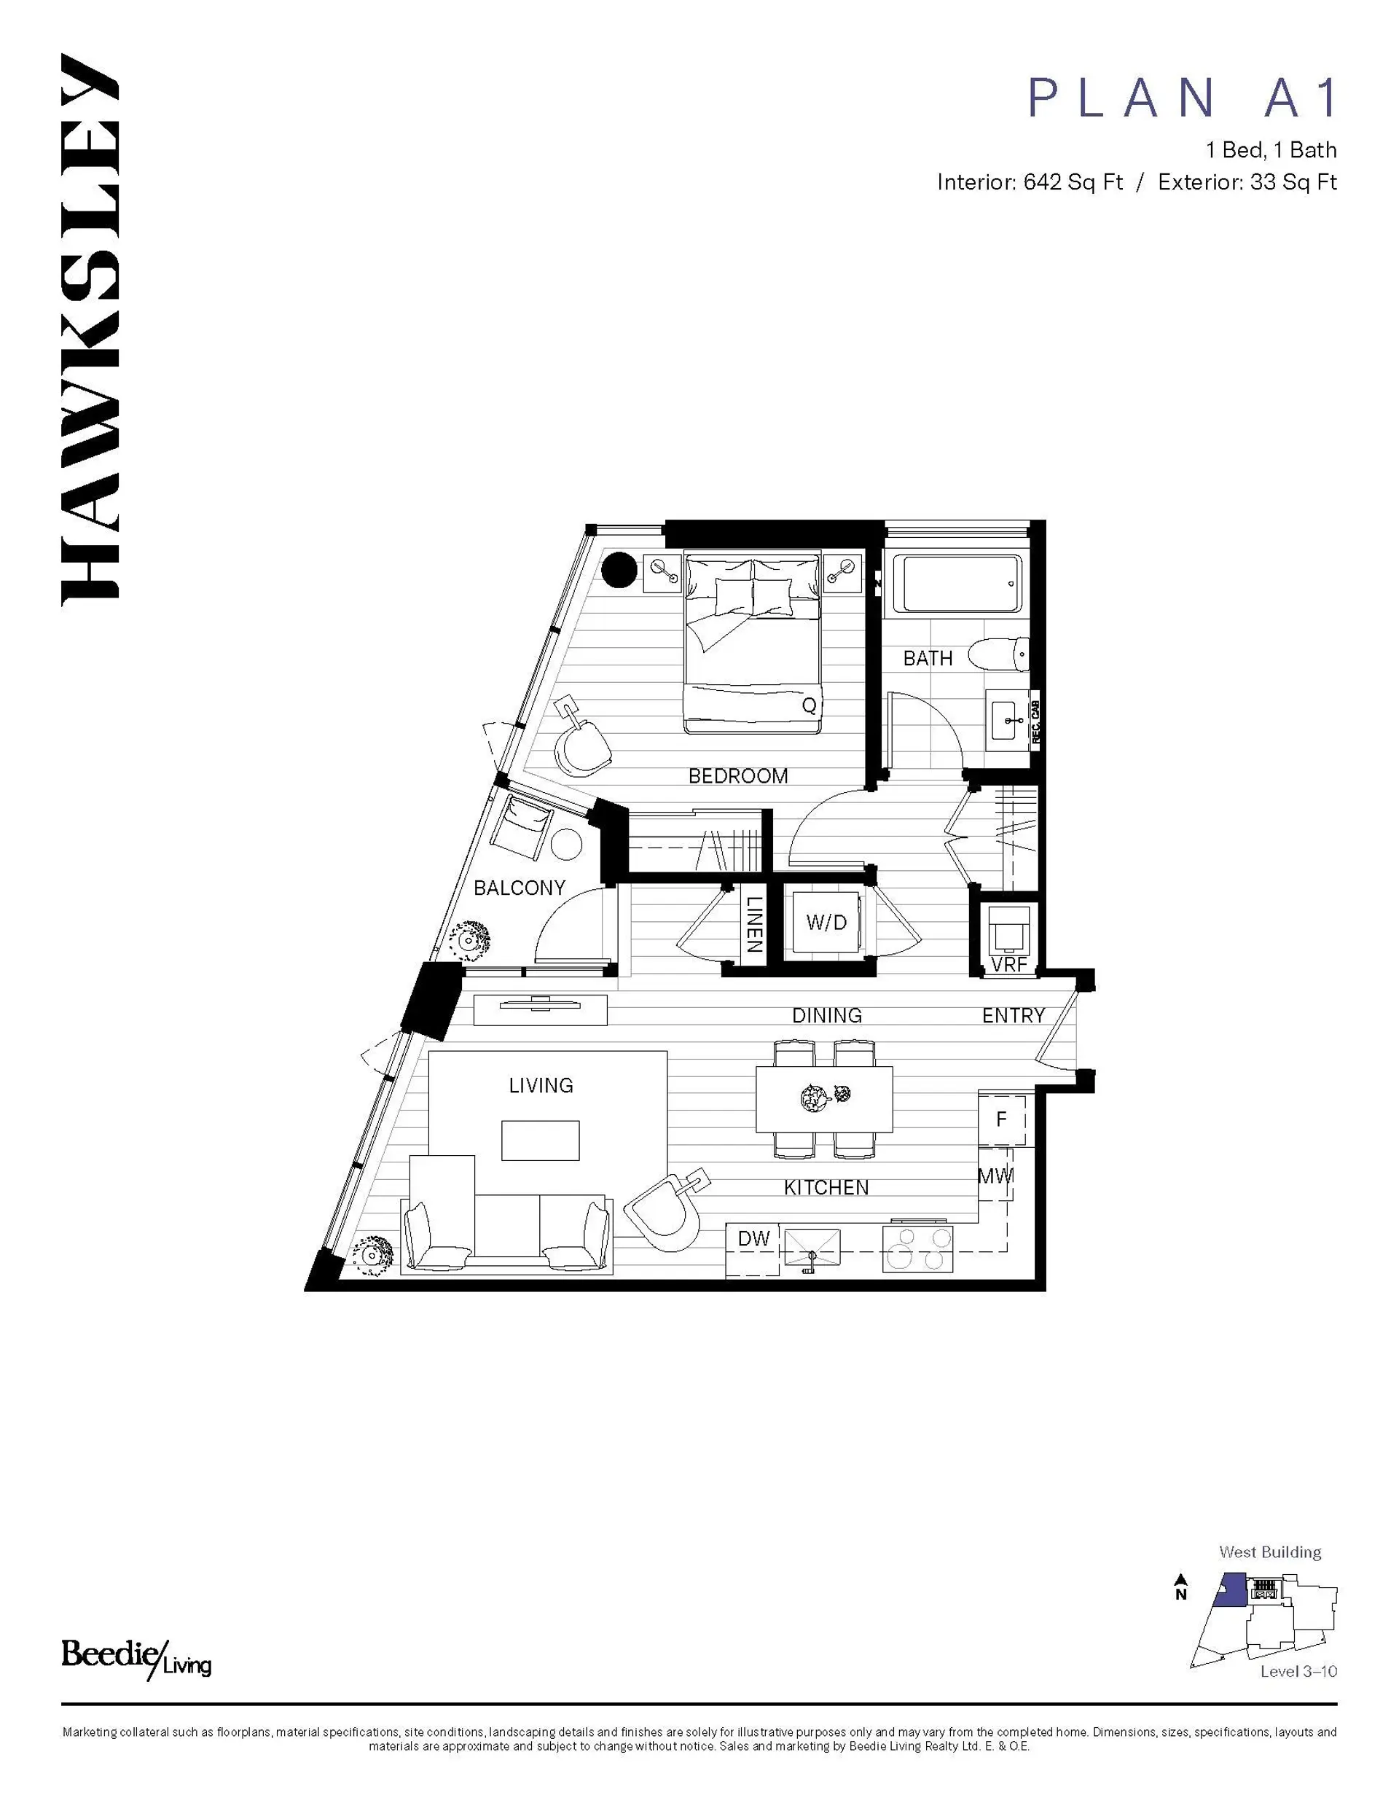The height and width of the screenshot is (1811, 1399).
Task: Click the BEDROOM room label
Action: click(737, 776)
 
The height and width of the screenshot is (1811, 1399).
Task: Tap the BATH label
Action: click(927, 658)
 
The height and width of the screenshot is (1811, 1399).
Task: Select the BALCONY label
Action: click(519, 888)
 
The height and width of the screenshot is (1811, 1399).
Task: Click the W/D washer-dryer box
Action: click(826, 922)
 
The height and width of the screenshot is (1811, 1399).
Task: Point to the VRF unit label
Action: click(1008, 964)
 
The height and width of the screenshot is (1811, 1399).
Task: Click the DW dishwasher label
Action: click(754, 1239)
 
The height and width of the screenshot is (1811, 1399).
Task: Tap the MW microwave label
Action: click(995, 1175)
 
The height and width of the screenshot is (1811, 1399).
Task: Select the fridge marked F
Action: click(1002, 1119)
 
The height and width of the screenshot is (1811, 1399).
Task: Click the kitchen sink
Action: click(811, 1248)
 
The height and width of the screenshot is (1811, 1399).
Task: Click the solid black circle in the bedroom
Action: click(619, 570)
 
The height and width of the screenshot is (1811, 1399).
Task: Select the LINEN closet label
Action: click(753, 924)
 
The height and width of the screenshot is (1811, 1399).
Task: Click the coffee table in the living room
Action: click(540, 1141)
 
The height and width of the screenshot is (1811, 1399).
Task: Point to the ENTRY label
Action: click(1013, 1016)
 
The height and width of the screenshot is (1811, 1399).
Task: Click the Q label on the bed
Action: click(810, 705)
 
